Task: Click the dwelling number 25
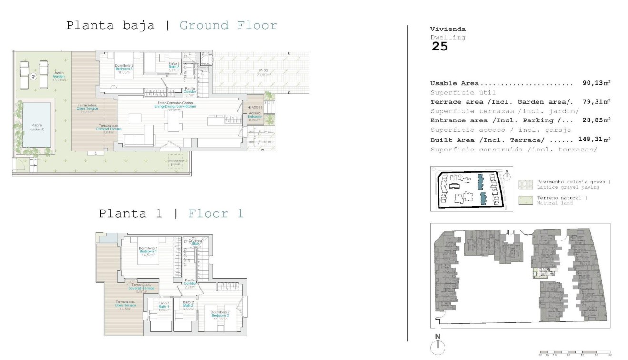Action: coord(439,47)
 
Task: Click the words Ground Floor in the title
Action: coord(228,25)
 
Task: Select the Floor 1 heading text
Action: coord(216,214)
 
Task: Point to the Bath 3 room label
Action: coord(174,66)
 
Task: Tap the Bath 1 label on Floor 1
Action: coord(164,306)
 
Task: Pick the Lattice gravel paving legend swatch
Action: coord(526,185)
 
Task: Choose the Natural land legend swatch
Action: coord(526,200)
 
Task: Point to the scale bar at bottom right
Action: coord(574,353)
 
